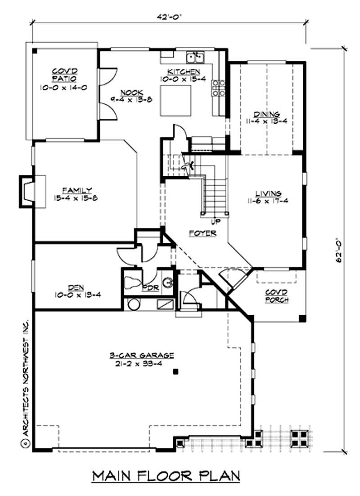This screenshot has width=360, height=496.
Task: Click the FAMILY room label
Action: click(77, 190)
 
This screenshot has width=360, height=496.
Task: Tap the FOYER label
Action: click(202, 233)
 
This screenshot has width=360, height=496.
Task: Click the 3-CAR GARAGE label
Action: click(141, 355)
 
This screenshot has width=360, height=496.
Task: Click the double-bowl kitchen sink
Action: click(196, 58)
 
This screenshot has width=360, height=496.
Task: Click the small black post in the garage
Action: click(176, 372)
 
